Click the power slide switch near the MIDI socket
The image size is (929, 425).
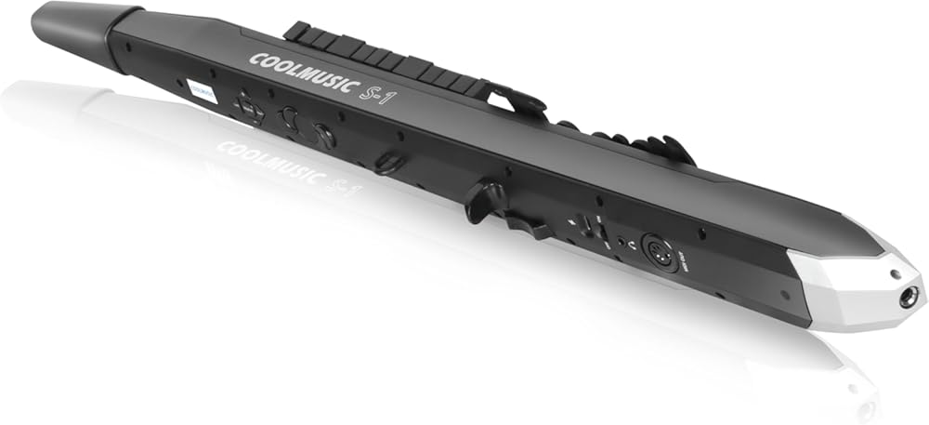(x=583, y=225)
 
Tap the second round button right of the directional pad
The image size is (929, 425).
(x=322, y=135)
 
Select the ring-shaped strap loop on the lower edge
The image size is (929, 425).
(x=388, y=163)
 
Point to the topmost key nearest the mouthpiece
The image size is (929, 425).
(x=298, y=32)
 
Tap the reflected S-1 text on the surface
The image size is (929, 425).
(x=342, y=184)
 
